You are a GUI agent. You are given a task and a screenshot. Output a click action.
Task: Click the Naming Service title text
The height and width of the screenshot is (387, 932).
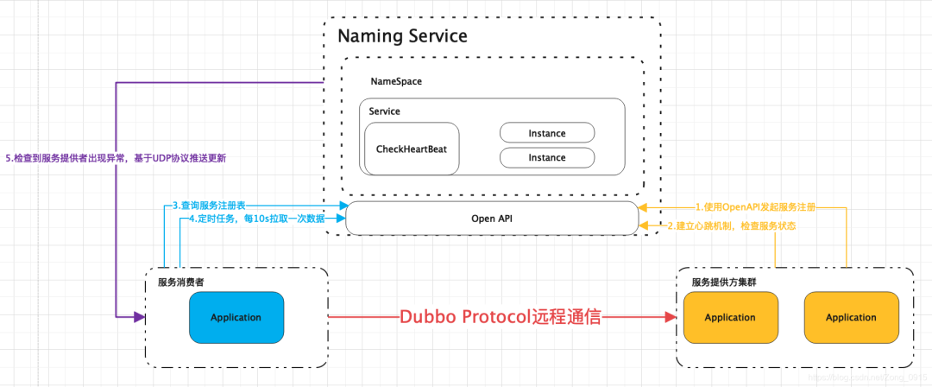pos(402,36)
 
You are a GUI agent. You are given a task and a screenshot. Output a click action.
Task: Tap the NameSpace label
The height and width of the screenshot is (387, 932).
pos(396,81)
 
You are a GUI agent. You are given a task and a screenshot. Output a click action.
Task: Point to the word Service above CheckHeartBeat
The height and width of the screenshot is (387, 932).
pos(384,111)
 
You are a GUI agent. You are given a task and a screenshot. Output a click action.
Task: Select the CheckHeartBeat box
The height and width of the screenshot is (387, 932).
pos(411,149)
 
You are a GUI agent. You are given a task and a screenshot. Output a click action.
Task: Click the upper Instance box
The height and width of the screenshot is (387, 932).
pos(547,133)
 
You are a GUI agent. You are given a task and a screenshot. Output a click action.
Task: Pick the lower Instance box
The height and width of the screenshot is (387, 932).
pos(547,157)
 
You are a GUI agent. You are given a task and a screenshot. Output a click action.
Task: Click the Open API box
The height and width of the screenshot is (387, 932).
pos(492,218)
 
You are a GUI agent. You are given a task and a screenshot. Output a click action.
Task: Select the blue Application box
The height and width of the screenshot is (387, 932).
pos(236,317)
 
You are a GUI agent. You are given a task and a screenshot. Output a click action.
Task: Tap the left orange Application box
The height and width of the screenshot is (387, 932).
pos(730,317)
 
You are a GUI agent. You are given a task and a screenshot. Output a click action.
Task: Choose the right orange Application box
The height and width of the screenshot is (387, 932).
pos(851,317)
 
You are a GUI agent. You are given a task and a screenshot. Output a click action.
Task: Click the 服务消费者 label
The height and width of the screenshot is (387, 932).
pos(181,282)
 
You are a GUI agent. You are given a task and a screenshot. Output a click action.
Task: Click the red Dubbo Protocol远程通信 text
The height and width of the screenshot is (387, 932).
pos(501,317)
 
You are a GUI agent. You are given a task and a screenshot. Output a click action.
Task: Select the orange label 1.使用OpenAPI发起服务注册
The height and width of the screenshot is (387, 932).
pos(755,207)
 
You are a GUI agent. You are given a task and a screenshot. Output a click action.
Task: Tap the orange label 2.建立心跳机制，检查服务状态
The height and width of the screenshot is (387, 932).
pos(731,225)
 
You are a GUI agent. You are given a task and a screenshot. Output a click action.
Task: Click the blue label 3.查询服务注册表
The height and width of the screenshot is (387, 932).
pos(209,206)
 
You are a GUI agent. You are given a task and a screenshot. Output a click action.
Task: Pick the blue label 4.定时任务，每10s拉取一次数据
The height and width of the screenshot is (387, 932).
pos(256,219)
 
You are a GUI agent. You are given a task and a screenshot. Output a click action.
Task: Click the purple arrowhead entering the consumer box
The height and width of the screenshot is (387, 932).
pos(138,317)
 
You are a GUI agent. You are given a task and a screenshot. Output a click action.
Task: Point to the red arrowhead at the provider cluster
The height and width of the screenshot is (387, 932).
pos(670,317)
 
